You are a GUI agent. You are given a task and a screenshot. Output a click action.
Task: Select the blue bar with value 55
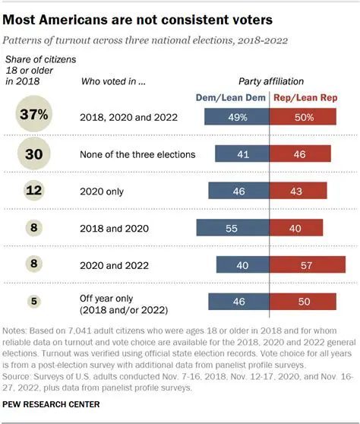coord(232,226)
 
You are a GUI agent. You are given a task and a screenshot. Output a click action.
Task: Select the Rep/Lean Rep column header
coord(302,97)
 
